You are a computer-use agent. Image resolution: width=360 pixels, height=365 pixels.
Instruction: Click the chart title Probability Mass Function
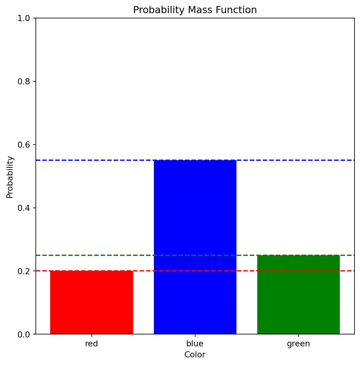[195, 10]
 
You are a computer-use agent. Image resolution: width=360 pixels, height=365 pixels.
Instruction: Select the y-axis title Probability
[10, 177]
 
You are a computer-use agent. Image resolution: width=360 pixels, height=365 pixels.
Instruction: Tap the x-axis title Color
[195, 355]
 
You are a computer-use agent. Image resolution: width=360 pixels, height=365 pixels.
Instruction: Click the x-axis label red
[91, 344]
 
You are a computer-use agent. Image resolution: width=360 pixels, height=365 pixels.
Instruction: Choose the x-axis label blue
[195, 344]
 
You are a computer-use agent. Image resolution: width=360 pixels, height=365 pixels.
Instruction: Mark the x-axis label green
[298, 344]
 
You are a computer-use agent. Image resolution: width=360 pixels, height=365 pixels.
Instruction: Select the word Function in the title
[235, 10]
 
